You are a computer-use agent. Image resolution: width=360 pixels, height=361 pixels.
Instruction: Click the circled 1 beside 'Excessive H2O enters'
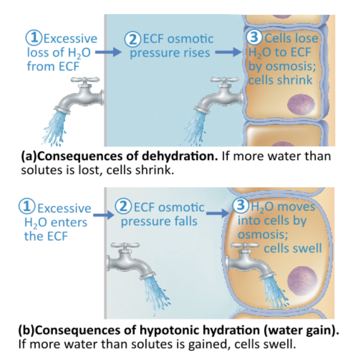point(29,209)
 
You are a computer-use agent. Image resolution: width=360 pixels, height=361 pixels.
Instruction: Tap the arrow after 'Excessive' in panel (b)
point(103,214)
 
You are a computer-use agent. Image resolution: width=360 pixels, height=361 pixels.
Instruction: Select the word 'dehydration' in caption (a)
point(166,158)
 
